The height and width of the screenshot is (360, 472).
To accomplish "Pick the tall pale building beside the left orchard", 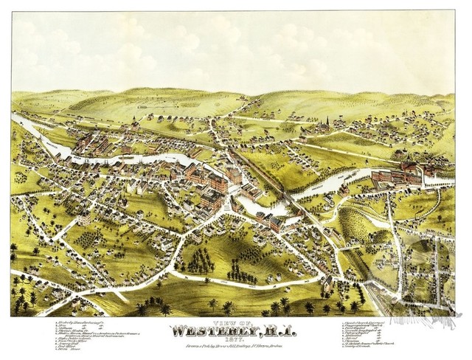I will point(84,217).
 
